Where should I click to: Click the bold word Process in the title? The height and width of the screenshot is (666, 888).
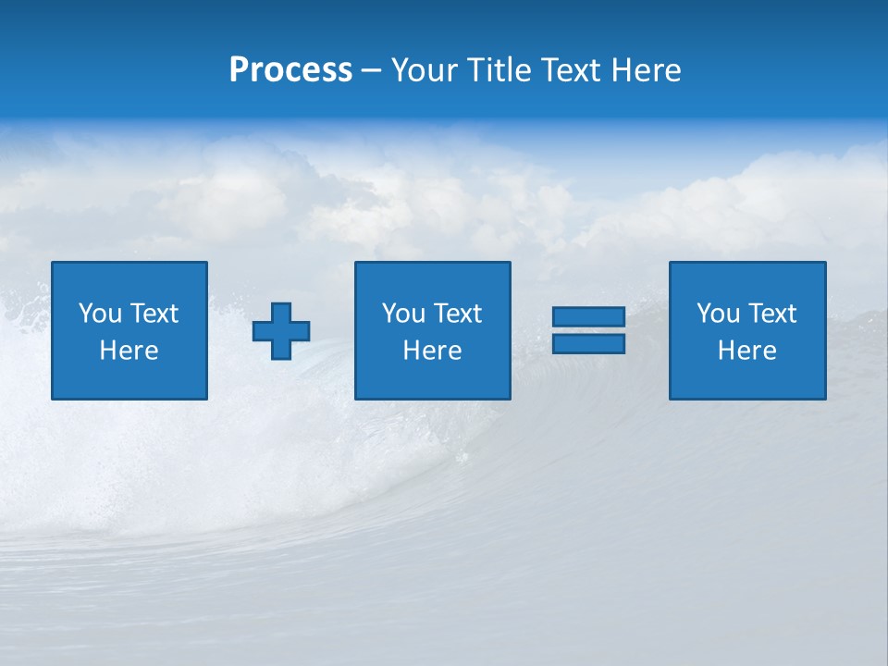click(x=290, y=70)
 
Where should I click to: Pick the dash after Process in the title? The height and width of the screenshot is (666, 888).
click(x=372, y=71)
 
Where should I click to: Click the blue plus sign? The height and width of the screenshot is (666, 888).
click(x=281, y=331)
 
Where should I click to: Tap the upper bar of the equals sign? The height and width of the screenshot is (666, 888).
click(x=588, y=317)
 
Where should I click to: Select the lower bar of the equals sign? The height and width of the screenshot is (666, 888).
click(x=588, y=344)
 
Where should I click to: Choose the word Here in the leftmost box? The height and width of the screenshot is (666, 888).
click(x=129, y=351)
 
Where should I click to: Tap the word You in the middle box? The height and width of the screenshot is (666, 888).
click(x=402, y=314)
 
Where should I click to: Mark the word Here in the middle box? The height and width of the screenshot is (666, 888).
click(x=432, y=351)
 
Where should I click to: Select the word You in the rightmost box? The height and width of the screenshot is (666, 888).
click(x=717, y=314)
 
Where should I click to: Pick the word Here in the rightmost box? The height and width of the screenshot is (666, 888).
click(x=746, y=351)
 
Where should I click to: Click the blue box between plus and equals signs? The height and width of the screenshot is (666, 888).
click(x=432, y=379)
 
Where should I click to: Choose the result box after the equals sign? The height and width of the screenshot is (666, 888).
click(x=746, y=379)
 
